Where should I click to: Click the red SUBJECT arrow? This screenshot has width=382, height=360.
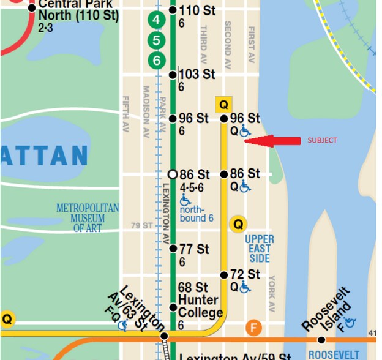[x=272, y=141]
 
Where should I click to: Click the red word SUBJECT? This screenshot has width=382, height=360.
[x=322, y=140]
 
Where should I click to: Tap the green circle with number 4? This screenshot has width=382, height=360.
[x=157, y=20]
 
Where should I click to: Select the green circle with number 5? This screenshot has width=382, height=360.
[x=157, y=40]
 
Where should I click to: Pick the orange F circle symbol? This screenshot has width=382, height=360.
[x=253, y=328]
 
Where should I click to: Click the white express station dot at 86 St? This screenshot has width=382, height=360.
[x=173, y=174]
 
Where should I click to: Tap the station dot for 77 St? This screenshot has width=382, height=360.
[x=173, y=249]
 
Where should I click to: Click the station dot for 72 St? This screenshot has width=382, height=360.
[x=224, y=275]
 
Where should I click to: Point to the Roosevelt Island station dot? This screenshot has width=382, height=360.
[x=321, y=340]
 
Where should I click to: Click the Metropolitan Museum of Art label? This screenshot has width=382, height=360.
[x=87, y=218]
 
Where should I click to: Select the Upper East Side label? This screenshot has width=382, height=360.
[x=260, y=249]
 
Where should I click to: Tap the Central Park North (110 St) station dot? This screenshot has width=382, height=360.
[x=32, y=7]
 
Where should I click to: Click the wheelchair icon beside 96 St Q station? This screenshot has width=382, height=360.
[x=245, y=131]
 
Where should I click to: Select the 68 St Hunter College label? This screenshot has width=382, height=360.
[x=200, y=300]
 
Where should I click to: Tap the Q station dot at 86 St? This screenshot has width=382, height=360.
[x=224, y=174]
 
